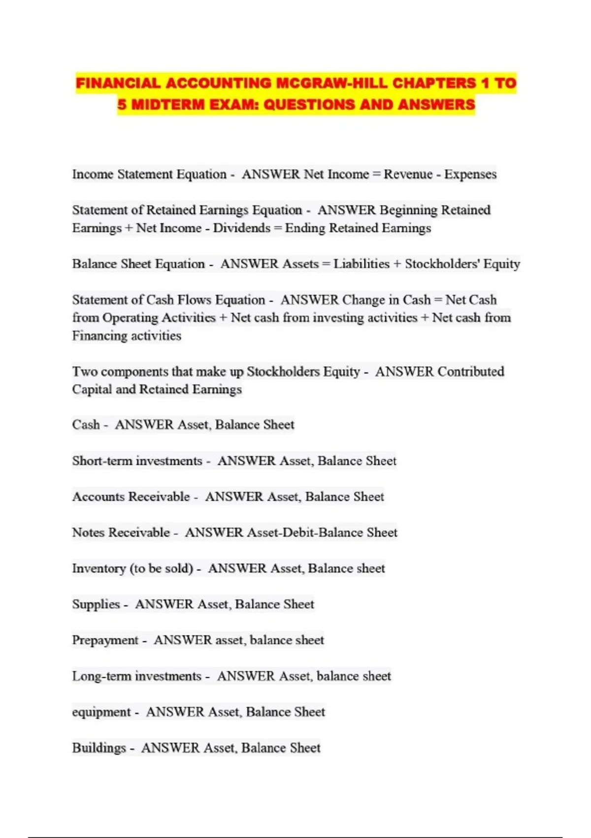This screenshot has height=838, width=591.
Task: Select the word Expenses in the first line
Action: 470,174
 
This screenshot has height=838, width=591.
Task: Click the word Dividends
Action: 242,228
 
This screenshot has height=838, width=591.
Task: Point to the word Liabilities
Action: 361,264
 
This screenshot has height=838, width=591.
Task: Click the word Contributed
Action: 471,371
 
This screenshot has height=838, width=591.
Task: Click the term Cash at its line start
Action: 86,424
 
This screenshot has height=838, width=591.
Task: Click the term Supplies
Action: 96,604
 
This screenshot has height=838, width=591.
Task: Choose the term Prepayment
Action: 105,640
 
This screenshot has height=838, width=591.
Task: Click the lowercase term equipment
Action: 101,712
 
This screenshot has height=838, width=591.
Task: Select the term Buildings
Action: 99,748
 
